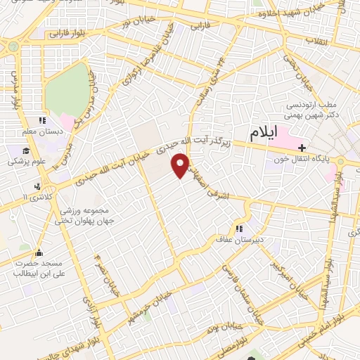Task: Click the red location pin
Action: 181,166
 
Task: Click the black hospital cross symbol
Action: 302,148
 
